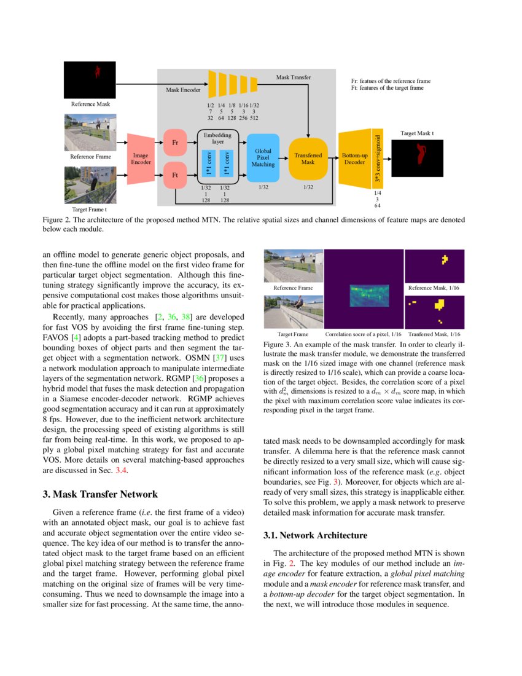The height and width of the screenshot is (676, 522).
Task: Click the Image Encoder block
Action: click(141, 159)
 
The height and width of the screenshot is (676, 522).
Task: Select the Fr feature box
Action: click(175, 143)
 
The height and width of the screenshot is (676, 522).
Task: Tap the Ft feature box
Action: click(175, 175)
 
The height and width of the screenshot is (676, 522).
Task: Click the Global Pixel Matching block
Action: click(263, 157)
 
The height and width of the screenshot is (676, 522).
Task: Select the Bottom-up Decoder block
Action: click(354, 158)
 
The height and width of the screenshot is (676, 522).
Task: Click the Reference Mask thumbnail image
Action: click(90, 80)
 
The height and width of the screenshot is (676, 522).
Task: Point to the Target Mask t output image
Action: click(417, 157)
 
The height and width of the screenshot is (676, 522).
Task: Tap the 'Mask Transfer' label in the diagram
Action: click(293, 77)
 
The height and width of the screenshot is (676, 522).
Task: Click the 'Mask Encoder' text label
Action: click(184, 90)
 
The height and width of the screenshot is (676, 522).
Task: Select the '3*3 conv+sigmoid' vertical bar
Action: click(378, 157)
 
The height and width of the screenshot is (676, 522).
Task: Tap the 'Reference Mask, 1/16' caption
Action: click(434, 288)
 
